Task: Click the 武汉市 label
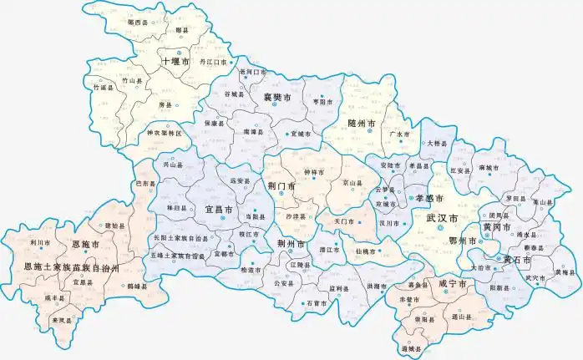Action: [442, 217]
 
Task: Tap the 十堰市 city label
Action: [176, 61]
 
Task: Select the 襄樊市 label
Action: [276, 98]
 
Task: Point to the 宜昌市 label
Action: [219, 210]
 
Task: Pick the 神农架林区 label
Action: [164, 133]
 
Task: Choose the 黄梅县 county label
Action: [565, 272]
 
